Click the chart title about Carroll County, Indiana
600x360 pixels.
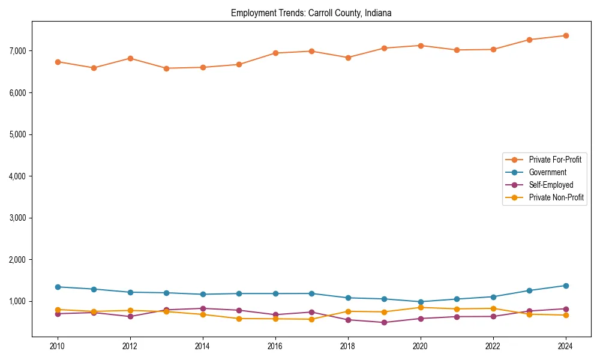(311, 13)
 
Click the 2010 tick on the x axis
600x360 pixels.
(58, 346)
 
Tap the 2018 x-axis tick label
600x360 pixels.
(348, 346)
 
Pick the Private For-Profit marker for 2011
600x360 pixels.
(94, 68)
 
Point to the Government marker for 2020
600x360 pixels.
(421, 302)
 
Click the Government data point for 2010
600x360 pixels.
(58, 287)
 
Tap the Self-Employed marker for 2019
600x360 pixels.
(384, 322)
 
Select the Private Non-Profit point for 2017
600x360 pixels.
(311, 319)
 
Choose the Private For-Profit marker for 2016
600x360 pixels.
(275, 53)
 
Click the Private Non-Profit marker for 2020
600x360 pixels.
(421, 307)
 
